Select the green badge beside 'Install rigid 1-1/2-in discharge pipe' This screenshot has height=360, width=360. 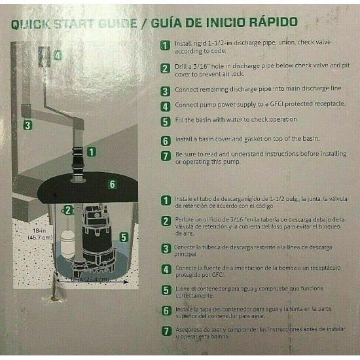pyautogui.click(x=166, y=45)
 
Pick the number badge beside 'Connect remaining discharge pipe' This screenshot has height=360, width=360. pyautogui.click(x=166, y=90)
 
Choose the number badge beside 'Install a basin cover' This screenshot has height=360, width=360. pyautogui.click(x=166, y=140)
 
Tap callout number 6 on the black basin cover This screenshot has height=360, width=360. pyautogui.click(x=112, y=185)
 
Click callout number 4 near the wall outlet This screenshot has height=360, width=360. pyautogui.click(x=58, y=56)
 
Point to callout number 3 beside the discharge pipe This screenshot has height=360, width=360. pyautogui.click(x=27, y=126)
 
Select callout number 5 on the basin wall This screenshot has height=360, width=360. pyautogui.click(x=124, y=238)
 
